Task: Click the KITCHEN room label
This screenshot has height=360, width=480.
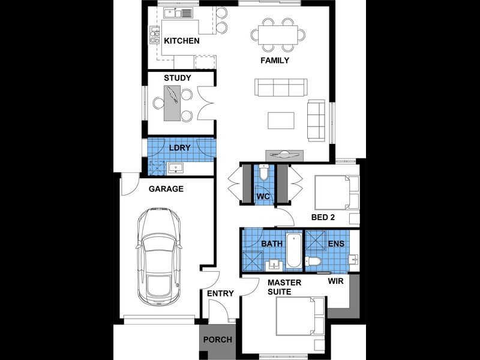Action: coord(181,41)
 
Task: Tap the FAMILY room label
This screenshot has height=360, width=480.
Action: coord(275,61)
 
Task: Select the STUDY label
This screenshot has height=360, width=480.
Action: coord(177,78)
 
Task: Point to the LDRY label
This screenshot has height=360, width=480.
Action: coord(179,148)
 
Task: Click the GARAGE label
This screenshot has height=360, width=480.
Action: coord(166,188)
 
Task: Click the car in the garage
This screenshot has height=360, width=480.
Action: coord(159,255)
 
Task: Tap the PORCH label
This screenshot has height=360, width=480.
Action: coord(217,340)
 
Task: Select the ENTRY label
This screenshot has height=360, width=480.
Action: coord(220,293)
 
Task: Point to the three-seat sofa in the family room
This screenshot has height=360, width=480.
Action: coord(281,88)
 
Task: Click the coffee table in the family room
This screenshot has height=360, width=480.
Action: coord(281,120)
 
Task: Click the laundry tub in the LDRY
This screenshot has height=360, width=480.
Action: coord(177,167)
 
